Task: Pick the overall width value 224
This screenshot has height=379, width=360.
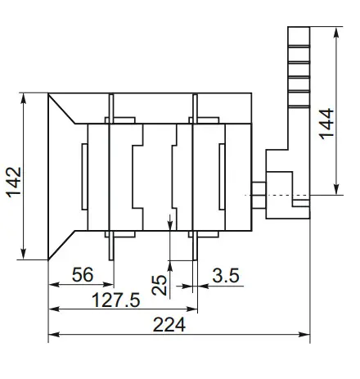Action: pos(169,325)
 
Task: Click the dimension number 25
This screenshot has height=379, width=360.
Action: pos(160,283)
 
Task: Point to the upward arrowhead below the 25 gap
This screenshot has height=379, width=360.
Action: pos(169,264)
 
